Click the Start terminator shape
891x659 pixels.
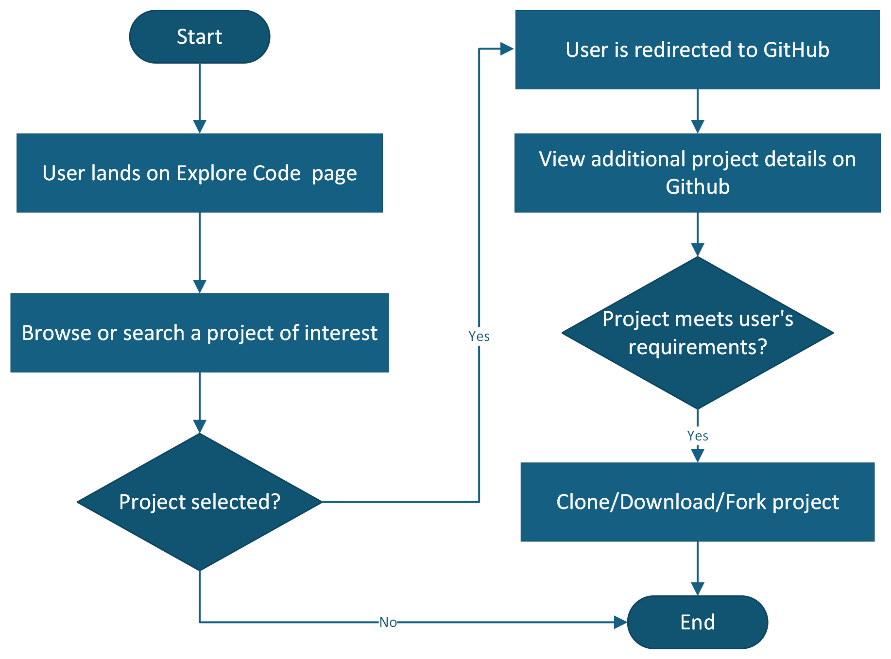pos(199,37)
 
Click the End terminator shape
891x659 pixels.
pos(697,622)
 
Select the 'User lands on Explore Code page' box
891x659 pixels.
pos(199,173)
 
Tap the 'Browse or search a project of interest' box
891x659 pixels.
pos(199,333)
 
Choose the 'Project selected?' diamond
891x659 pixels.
pos(199,502)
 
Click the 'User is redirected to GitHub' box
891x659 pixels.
pos(697,50)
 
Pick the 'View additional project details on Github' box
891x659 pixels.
pos(697,173)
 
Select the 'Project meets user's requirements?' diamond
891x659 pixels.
pos(697,333)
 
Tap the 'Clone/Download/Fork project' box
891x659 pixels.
pos(697,502)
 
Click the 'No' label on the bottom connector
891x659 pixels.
pos(388,622)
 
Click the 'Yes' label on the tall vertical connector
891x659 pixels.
pos(479,336)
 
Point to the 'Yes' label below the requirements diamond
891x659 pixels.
pos(697,436)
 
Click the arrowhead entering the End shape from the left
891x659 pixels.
pos(620,622)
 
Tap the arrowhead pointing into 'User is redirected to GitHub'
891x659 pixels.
pos(507,49)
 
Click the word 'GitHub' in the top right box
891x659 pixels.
pos(796,50)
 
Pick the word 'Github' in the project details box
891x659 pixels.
pos(697,186)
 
